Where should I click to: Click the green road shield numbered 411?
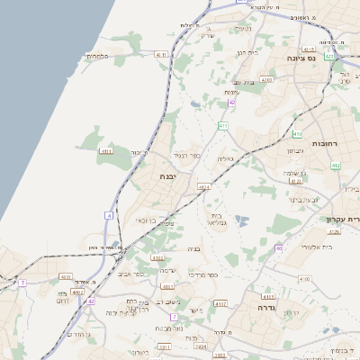coord(222,126)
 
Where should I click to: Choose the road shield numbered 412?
coord(336,166)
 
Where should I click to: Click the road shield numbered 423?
coord(330,56)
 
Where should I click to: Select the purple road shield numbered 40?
coord(279,247)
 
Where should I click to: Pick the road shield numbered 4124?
coord(203,187)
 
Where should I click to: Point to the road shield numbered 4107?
coord(220,303)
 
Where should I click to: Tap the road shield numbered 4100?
coord(304,279)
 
